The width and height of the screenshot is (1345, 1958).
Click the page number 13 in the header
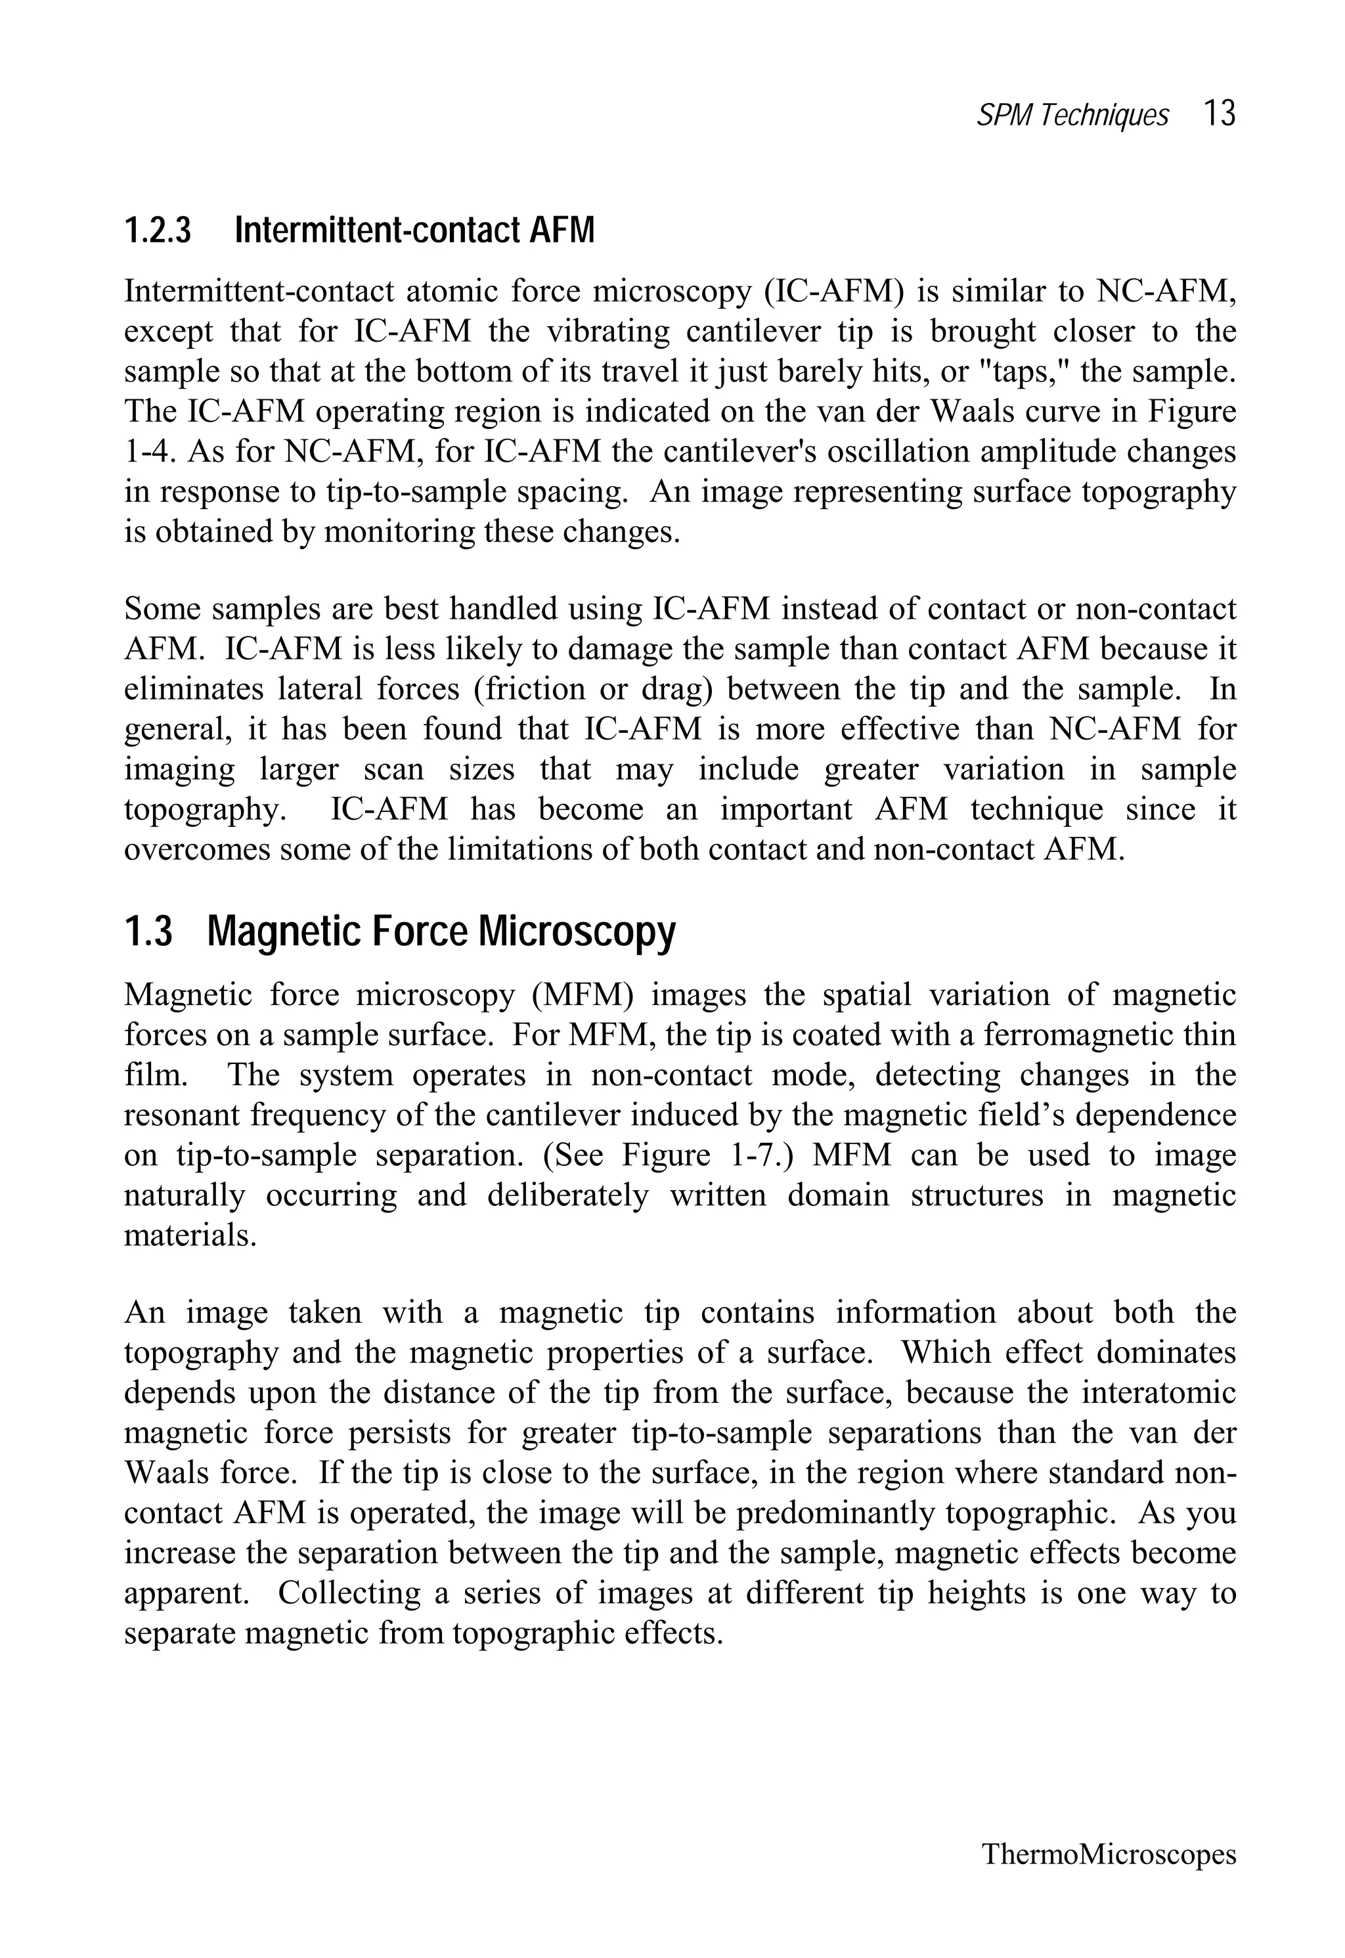click(1219, 113)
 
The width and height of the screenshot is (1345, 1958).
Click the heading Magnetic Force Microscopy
click(441, 932)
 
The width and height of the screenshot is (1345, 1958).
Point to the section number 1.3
click(148, 932)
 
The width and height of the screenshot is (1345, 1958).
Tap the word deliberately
click(568, 1195)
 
